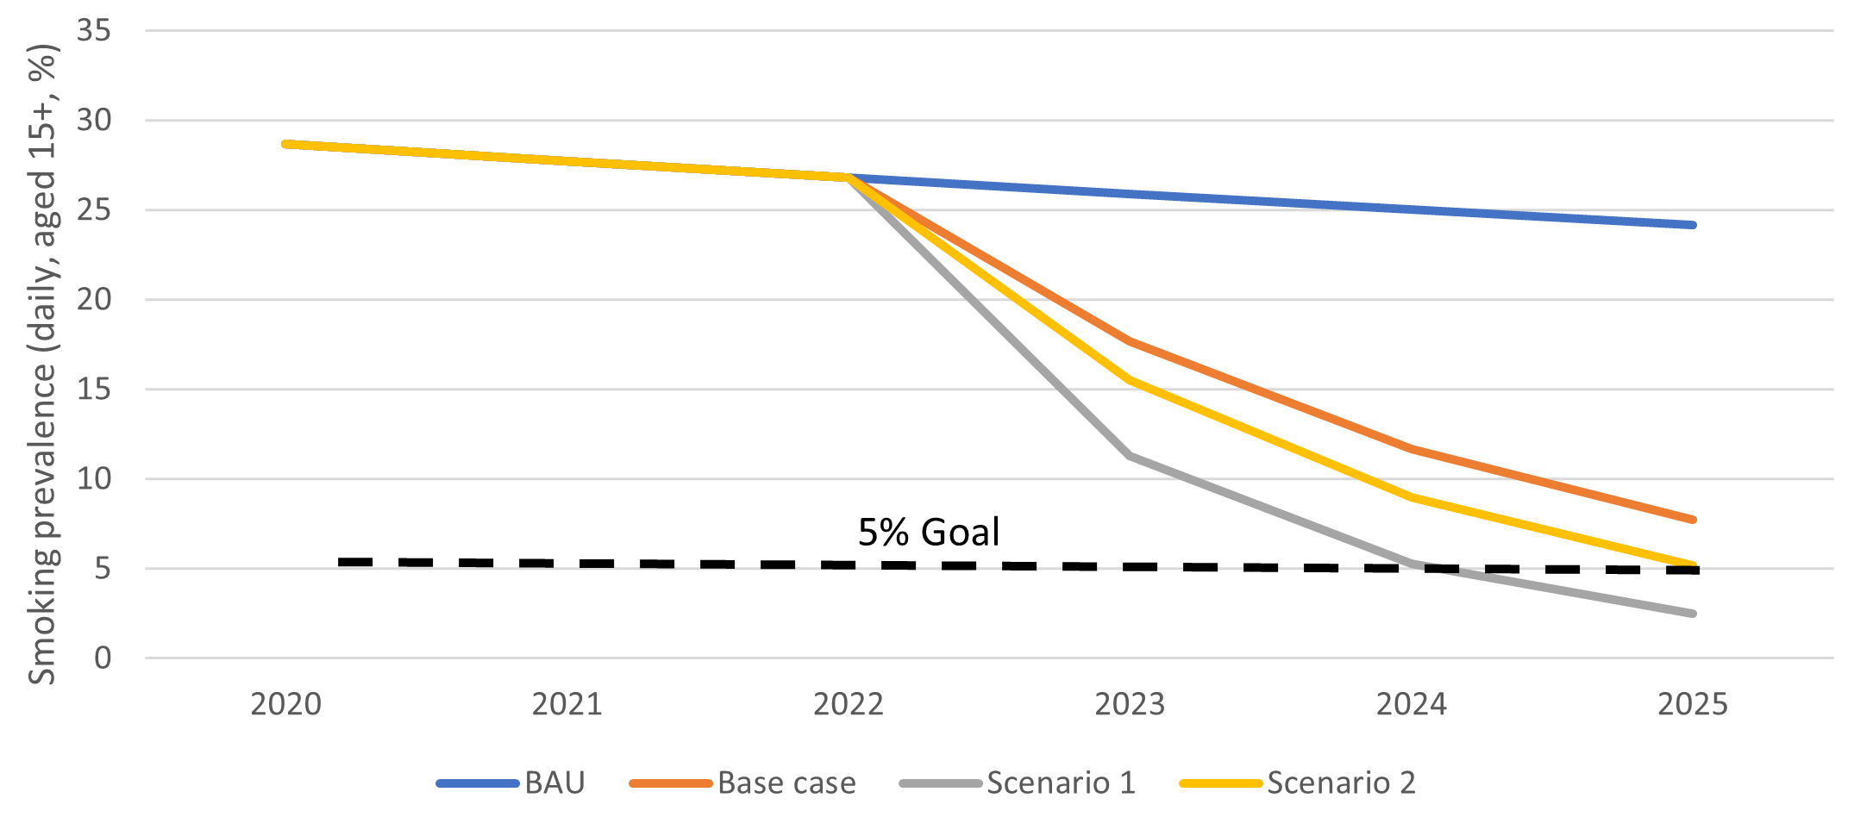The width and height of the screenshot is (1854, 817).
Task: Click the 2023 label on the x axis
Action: (1130, 705)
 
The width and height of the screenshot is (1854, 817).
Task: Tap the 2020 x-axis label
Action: (285, 705)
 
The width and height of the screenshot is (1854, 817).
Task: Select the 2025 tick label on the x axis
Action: (1693, 705)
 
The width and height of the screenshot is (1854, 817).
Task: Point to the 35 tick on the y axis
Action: (94, 31)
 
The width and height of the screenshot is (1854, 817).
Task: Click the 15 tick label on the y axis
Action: (94, 390)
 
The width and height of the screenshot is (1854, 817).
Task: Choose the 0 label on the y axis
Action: (103, 658)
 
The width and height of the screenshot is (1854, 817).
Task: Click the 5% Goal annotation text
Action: (929, 533)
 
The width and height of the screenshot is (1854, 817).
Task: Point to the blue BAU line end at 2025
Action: (1693, 225)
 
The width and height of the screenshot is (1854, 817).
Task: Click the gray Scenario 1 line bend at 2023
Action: (1130, 456)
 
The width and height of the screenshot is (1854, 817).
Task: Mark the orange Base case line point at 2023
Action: (1130, 341)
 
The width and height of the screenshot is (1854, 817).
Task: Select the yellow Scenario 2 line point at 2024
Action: (1412, 497)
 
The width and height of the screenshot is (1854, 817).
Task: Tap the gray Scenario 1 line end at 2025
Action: (1693, 614)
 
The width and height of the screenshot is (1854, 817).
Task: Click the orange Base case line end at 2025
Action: (1693, 520)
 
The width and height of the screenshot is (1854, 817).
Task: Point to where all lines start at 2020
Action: (285, 144)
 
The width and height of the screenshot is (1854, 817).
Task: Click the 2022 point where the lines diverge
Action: (849, 177)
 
